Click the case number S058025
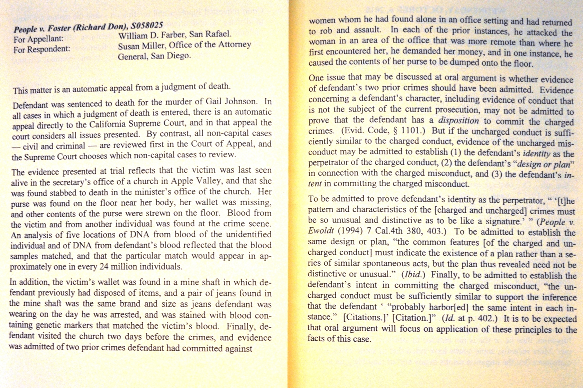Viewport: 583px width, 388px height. (147, 26)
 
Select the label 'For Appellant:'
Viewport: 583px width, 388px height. (39, 39)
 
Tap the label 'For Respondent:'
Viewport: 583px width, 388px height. (42, 49)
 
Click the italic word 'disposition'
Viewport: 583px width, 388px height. (458, 121)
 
